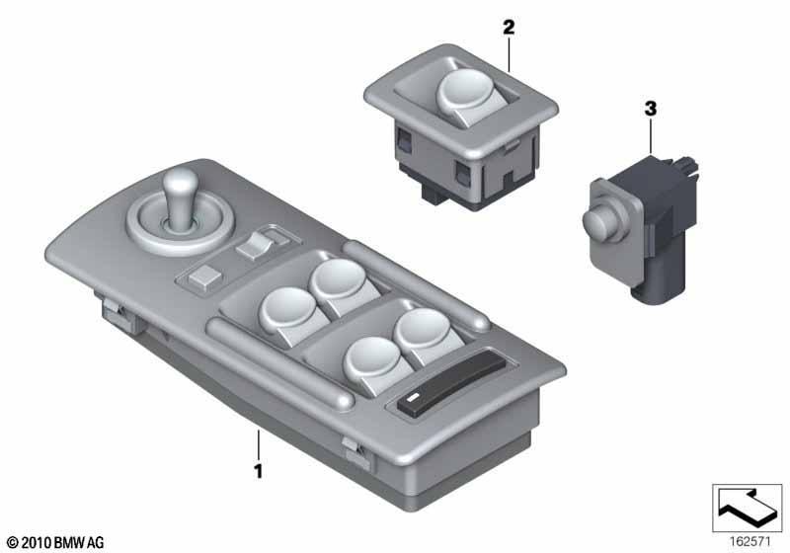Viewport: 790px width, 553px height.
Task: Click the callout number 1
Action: (x=259, y=471)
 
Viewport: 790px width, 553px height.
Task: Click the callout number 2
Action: (x=509, y=28)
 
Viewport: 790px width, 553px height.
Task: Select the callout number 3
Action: (x=651, y=109)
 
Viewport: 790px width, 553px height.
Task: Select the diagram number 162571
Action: (x=750, y=542)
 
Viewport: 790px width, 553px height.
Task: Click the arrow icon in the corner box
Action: (x=748, y=508)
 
